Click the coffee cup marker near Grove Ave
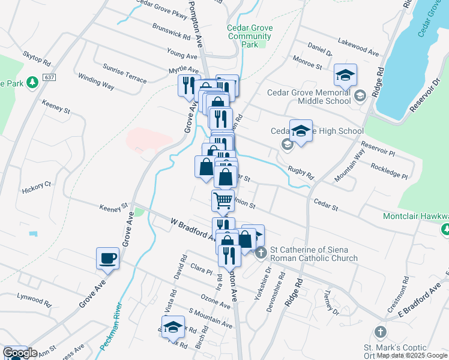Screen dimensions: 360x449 point(108,259)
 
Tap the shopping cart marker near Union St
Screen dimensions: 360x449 point(223,200)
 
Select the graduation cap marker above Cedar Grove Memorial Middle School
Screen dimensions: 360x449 point(346,75)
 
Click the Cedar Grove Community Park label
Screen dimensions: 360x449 point(250,36)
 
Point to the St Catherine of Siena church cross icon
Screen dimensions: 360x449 point(261,253)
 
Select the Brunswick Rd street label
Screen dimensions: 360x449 point(171,32)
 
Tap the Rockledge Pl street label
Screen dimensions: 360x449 point(389,171)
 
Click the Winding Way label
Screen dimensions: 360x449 point(96,82)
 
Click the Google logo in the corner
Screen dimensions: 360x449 point(20,353)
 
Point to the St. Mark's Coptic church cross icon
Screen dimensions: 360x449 point(379,332)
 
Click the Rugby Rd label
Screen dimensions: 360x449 point(300,173)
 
